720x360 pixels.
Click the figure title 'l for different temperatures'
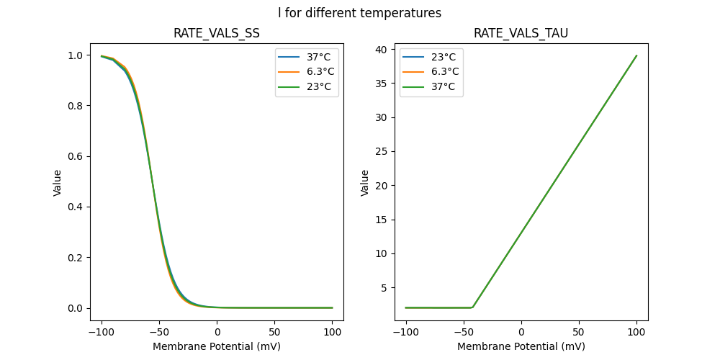tap(359, 13)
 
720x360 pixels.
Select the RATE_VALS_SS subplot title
tap(217, 33)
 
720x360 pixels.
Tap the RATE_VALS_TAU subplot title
tap(521, 33)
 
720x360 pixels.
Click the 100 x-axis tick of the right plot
tap(636, 333)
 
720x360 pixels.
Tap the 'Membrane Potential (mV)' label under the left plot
tap(217, 346)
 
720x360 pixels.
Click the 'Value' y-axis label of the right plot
tap(365, 183)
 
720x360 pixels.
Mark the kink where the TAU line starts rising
tap(472, 307)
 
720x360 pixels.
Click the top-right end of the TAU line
tap(636, 55)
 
